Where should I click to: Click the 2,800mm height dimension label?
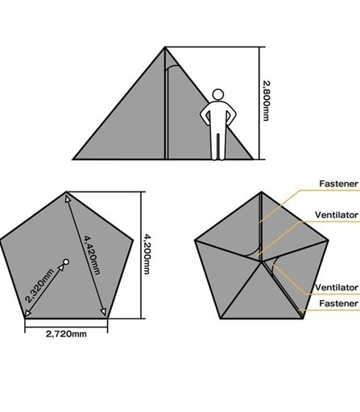pos(266,101)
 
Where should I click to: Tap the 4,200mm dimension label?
pos(147,254)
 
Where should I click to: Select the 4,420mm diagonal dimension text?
pos(93,255)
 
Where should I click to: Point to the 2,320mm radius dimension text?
pos(39,285)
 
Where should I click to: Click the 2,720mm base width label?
pos(66,334)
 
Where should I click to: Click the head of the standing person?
pos(218,95)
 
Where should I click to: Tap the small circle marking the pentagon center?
pos(66,262)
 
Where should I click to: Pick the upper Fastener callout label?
pos(338,183)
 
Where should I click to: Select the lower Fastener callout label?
pos(338,303)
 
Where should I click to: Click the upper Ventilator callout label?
pos(337,215)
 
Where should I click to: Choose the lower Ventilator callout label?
pos(337,287)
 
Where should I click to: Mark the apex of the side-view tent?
pos(165,47)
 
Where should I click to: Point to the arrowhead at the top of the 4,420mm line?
pos(68,198)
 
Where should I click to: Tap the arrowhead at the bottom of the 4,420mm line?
pos(103,311)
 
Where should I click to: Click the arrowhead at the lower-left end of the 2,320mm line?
pos(27,313)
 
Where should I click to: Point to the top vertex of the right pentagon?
pos(261,192)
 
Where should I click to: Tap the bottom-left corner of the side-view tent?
pos(73,159)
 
